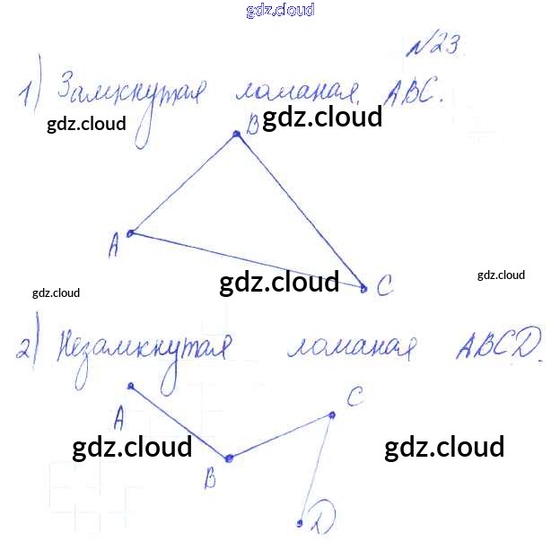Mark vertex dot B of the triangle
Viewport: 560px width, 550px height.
pos(237,135)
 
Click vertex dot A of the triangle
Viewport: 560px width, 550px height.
pos(131,233)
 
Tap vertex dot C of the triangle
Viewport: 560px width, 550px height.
pos(363,288)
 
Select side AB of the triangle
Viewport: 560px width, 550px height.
pos(184,184)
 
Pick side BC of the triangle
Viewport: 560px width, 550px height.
pos(300,211)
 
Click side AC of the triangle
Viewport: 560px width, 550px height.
pos(247,260)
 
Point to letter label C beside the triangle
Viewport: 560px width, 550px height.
pos(384,287)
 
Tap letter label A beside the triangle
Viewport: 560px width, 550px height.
pos(114,245)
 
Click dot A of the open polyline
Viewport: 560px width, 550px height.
pos(131,387)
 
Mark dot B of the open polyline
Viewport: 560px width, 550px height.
pos(229,458)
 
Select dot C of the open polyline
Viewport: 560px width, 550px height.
pos(332,414)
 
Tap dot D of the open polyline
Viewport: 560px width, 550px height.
pos(300,521)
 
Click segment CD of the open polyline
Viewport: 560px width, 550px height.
pos(316,467)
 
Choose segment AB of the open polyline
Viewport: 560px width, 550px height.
pos(179,422)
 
